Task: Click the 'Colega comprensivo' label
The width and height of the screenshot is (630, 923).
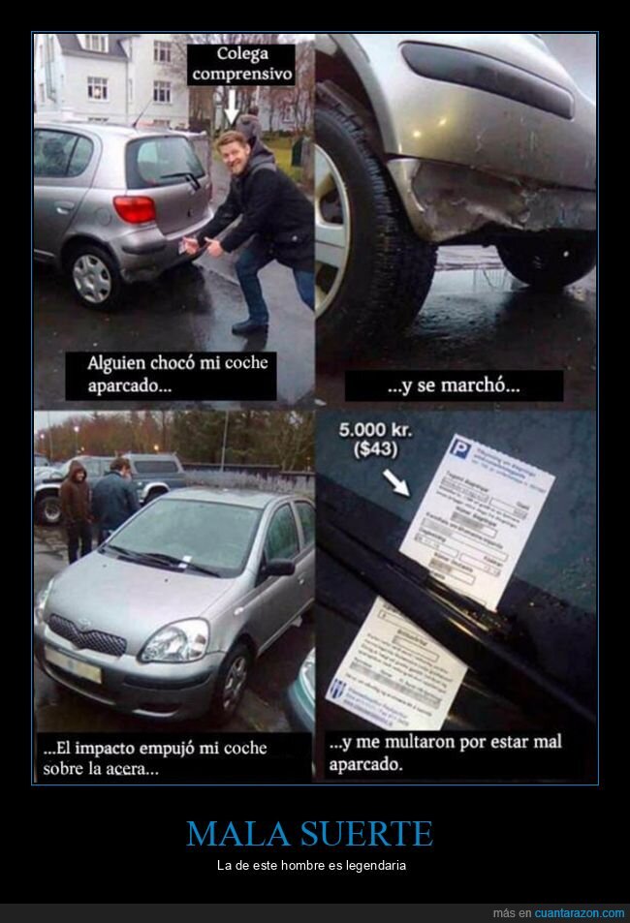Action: click(242, 64)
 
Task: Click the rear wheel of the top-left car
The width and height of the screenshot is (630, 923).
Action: click(92, 276)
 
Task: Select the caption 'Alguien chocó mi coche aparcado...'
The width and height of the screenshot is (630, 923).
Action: click(177, 374)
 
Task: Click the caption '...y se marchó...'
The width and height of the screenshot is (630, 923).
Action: click(453, 385)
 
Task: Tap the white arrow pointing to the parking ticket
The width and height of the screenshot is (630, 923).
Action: click(394, 480)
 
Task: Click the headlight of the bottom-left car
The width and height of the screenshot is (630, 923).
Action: click(174, 641)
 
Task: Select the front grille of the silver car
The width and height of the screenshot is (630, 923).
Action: click(87, 635)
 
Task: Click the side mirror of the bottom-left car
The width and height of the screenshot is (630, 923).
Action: click(279, 568)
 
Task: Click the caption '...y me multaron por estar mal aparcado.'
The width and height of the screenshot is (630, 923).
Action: click(445, 753)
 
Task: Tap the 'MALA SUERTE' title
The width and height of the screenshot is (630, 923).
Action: click(309, 834)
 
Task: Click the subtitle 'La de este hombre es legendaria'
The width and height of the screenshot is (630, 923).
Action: click(311, 865)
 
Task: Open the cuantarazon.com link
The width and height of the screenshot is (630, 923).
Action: click(579, 913)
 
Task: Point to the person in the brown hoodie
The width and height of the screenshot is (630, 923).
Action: click(75, 504)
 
